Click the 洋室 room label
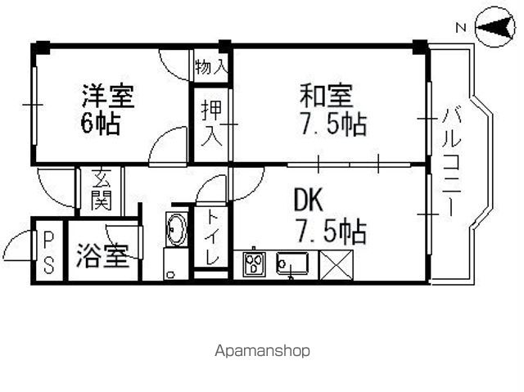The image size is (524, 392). (x=108, y=97)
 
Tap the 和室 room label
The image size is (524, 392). (x=326, y=97)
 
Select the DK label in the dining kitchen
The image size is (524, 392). (x=308, y=200)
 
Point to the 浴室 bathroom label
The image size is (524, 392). (x=102, y=256)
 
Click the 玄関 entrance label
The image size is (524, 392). (x=102, y=190)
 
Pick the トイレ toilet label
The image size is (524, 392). (x=211, y=238)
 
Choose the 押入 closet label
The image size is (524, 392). (x=211, y=124)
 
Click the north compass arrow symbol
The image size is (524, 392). (x=495, y=27)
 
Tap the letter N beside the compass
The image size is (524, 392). (x=461, y=28)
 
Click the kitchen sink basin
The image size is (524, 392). (x=292, y=264)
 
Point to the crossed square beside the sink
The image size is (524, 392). (x=337, y=265)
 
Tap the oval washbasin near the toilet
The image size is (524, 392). (x=177, y=229)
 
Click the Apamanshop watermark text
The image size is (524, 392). (x=262, y=351)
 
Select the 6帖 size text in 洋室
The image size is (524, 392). (x=100, y=124)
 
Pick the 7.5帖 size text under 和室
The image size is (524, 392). (x=333, y=124)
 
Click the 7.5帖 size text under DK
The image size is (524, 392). (x=332, y=232)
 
